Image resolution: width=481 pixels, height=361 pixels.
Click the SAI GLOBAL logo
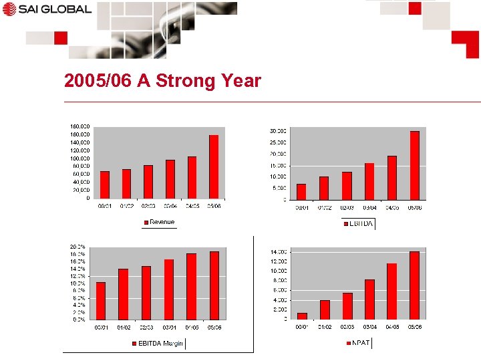pyautogui.click(x=46, y=9)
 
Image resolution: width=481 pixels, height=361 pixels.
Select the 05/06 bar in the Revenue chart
pyautogui.click(x=214, y=166)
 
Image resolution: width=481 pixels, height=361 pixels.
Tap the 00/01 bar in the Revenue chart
pyautogui.click(x=105, y=185)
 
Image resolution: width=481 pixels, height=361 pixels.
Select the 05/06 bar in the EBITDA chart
pyautogui.click(x=415, y=165)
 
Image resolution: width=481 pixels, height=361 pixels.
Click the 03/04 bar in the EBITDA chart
pyautogui.click(x=369, y=181)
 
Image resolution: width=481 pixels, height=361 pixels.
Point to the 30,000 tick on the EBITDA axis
pyautogui.click(x=278, y=131)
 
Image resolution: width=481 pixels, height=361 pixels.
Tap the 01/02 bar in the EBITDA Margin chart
pyautogui.click(x=123, y=294)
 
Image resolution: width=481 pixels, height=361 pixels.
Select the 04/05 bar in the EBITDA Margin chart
pyautogui.click(x=192, y=286)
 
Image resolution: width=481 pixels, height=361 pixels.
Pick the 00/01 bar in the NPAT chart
pyautogui.click(x=302, y=316)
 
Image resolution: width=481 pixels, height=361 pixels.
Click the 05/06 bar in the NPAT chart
pyautogui.click(x=414, y=285)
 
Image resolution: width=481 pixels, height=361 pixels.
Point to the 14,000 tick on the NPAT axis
pyautogui.click(x=279, y=251)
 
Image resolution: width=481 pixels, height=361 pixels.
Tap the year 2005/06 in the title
pyautogui.click(x=98, y=82)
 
